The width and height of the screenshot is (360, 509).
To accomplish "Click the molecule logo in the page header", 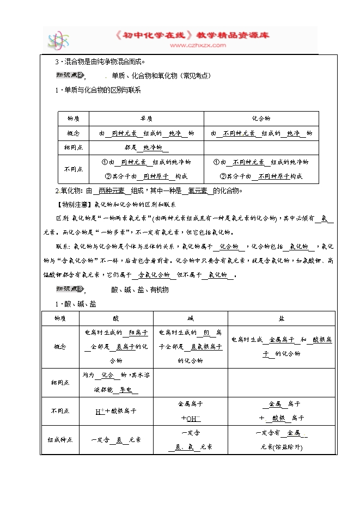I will tap(57, 41).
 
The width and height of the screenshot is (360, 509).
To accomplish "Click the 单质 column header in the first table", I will tap(146, 119).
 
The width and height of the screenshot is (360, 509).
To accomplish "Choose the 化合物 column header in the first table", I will tap(261, 119).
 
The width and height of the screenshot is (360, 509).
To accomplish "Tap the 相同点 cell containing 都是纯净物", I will tap(146, 148).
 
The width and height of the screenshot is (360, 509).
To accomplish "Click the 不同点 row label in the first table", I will tap(73, 169).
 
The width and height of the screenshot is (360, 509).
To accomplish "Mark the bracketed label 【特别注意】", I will tap(75, 204).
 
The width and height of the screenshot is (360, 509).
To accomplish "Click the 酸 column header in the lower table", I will tap(115, 318).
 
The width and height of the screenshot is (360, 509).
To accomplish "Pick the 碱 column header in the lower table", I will tap(190, 318).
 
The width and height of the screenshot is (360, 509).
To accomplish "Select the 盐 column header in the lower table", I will tap(282, 318).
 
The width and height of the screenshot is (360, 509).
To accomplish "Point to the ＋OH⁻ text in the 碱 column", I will tap(190, 419).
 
